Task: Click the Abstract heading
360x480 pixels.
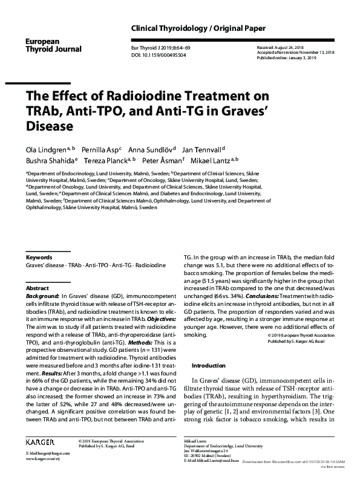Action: (38, 289)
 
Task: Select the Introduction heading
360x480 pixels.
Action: (209, 366)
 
